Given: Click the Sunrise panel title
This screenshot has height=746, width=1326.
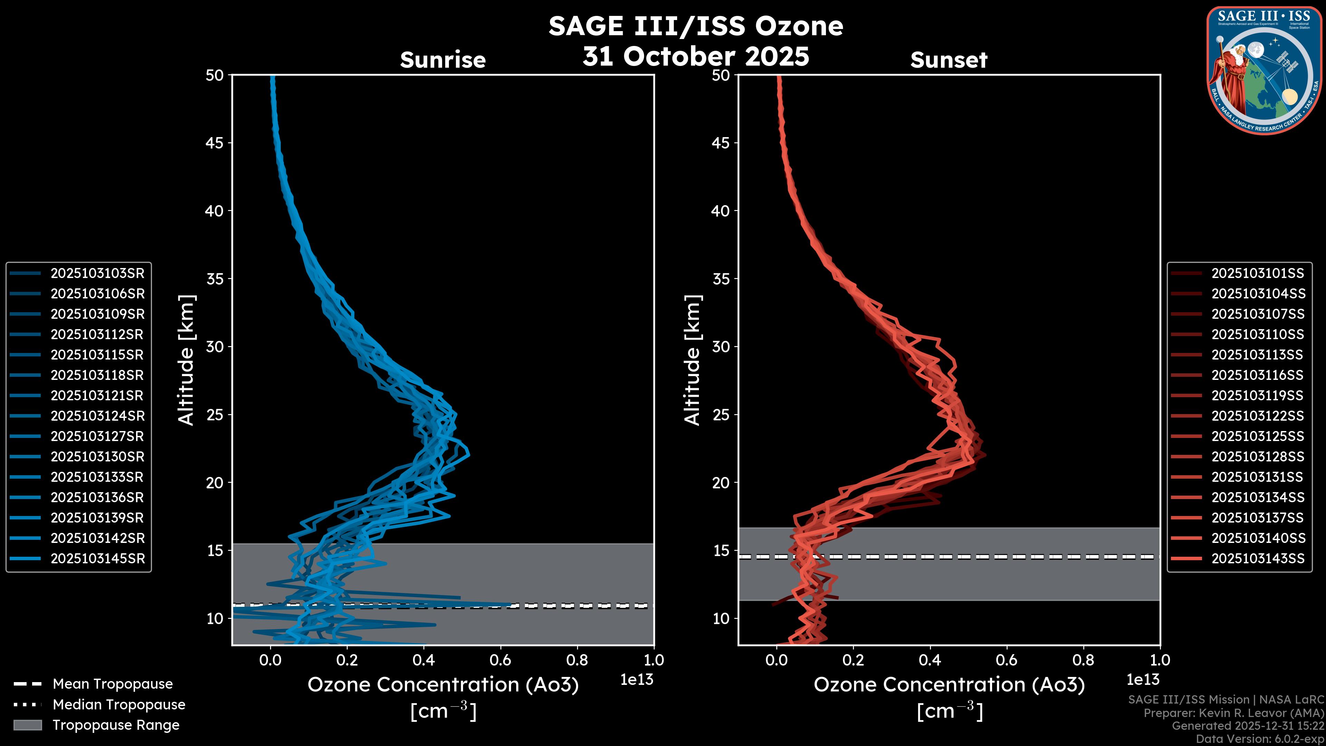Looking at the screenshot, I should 443,60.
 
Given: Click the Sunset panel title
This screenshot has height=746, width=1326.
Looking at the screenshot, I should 949,60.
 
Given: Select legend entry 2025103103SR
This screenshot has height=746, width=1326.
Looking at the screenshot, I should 97,274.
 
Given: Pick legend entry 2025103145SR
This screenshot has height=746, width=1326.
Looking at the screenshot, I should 97,558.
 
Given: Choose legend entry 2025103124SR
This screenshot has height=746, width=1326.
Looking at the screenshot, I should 97,416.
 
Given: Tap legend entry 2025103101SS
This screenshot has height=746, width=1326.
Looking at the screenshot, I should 1258,274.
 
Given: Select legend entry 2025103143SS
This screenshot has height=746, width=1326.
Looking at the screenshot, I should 1258,558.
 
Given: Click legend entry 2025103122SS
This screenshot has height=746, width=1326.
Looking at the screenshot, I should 1258,416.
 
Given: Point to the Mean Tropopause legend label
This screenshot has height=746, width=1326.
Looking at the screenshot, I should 113,684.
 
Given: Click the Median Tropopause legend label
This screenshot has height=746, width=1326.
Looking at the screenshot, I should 119,705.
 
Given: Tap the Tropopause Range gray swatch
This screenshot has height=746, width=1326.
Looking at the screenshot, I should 28,725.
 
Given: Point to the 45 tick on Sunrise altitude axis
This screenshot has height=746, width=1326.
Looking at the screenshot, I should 215,143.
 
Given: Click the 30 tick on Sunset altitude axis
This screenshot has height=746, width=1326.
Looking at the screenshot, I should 721,347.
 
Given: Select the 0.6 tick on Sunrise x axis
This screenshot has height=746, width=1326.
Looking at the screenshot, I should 500,660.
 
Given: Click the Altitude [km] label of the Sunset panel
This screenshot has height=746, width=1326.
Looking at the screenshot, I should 693,360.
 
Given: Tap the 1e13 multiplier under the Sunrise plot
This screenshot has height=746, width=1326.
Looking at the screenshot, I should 637,680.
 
